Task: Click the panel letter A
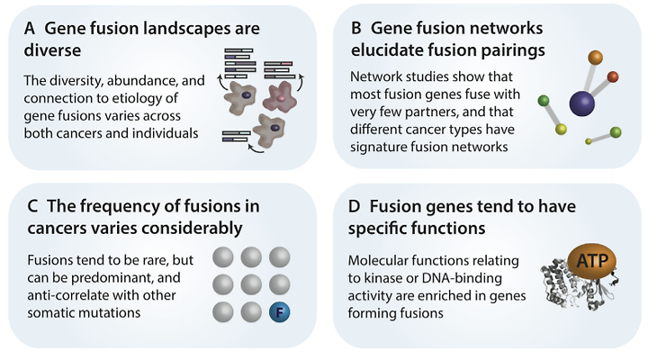coord(30,29)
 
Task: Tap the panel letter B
coord(356,28)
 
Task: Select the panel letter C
coord(32,206)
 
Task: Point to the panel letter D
coord(355,206)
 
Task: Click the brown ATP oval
coord(592,261)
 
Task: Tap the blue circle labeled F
coord(279,312)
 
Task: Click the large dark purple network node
coord(582,103)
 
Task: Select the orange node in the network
coord(595,57)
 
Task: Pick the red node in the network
coord(613,76)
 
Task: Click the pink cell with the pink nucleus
coord(281,97)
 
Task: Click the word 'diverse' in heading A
coord(52,50)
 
